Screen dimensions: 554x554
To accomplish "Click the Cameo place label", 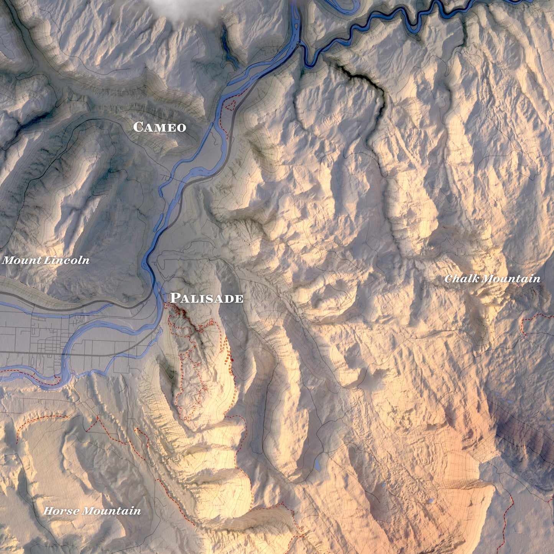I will click(x=159, y=127).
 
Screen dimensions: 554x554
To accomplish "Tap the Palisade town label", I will click(x=207, y=298).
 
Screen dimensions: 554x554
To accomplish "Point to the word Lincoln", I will click(x=67, y=260).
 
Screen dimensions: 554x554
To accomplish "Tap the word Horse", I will click(x=61, y=511).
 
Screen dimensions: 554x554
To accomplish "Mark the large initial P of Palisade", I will click(x=175, y=298).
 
